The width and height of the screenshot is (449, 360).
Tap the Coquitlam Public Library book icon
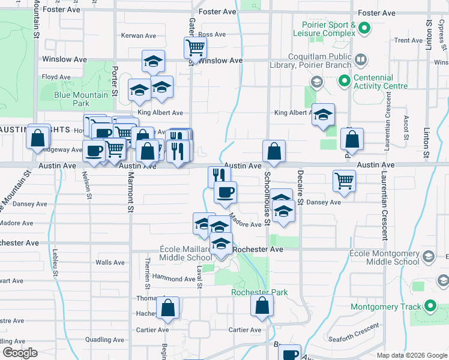tap(361, 60)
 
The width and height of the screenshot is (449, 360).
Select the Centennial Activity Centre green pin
tap(344, 80)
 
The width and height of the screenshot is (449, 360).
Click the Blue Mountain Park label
tap(81, 99)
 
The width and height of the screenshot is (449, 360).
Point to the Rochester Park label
tap(259, 293)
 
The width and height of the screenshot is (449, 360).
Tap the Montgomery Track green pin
tap(430, 307)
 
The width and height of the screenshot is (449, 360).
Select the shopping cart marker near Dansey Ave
tap(345, 179)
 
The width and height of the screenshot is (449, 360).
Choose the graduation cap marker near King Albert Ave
tap(323, 114)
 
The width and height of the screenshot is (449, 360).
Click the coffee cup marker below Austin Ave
tap(226, 192)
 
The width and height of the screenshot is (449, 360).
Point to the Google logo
tap(20, 353)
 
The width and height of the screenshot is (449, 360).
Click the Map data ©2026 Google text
tap(411, 355)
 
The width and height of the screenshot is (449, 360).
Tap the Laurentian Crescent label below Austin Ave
tap(384, 203)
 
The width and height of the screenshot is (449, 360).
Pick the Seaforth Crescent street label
tap(354, 332)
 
